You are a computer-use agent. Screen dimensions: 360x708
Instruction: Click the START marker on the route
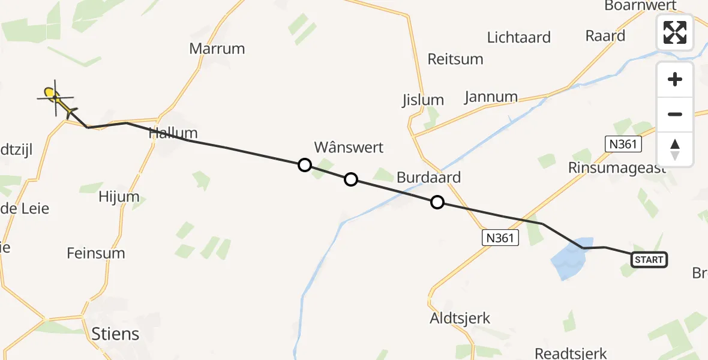click(x=649, y=260)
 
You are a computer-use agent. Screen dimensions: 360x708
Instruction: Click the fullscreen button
click(x=675, y=32)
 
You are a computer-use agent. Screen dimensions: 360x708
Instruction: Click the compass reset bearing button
click(x=675, y=149)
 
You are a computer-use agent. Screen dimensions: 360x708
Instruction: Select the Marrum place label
click(x=217, y=49)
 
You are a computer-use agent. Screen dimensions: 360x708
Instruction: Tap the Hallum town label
click(x=173, y=133)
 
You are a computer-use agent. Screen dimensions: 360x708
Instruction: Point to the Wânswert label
click(x=349, y=147)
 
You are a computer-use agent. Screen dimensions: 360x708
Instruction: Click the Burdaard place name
click(x=428, y=178)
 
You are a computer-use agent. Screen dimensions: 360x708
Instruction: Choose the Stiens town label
click(x=115, y=334)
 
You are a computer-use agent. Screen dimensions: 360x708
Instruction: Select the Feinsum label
click(x=96, y=253)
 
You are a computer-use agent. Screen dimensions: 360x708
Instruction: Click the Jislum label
click(x=423, y=100)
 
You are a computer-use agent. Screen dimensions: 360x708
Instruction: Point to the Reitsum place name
click(x=455, y=59)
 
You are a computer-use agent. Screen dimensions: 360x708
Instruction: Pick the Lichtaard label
click(x=518, y=37)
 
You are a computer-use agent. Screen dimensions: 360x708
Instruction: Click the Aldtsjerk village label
click(x=460, y=319)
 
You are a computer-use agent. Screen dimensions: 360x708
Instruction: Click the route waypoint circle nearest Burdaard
click(x=437, y=203)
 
